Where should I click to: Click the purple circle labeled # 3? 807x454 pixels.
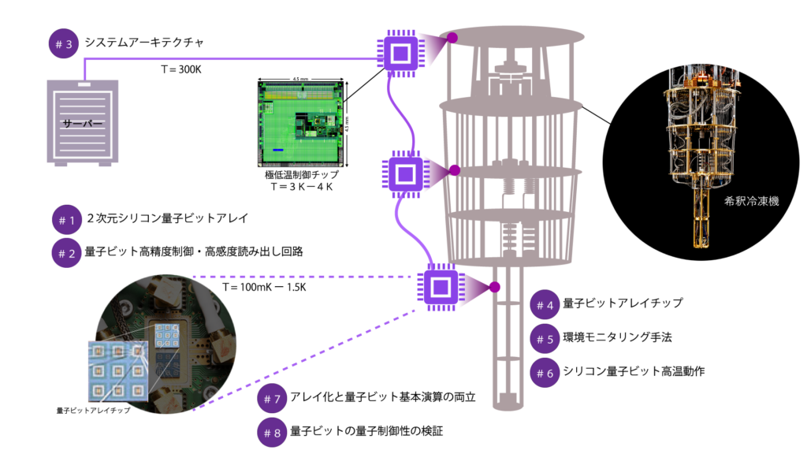point(64,44)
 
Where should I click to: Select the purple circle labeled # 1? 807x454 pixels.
point(67,220)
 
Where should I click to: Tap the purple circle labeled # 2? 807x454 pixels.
point(67,253)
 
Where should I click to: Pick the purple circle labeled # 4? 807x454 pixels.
point(545,305)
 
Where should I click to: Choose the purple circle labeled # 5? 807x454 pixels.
point(545,339)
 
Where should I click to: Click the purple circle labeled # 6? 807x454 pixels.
point(545,373)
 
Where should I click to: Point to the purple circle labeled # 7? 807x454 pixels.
point(272,399)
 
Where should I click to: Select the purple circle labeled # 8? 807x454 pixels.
point(272,432)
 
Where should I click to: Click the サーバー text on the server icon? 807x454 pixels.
point(82,124)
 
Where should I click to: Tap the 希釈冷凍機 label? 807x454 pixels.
point(751,201)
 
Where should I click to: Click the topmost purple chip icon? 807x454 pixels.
point(400,54)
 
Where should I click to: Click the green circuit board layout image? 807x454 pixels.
point(301,124)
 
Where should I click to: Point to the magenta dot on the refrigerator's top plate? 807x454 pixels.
point(452,37)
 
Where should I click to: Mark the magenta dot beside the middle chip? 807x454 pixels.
point(454,169)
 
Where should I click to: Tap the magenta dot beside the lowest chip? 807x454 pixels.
point(494,287)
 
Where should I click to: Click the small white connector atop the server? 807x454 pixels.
point(84,84)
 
